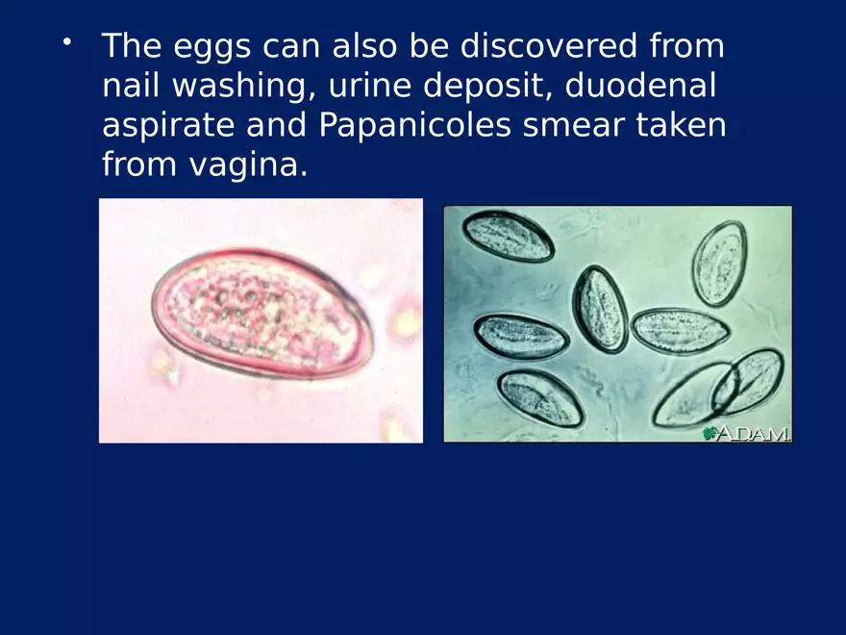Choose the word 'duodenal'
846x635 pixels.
click(x=640, y=86)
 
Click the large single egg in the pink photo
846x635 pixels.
click(x=260, y=314)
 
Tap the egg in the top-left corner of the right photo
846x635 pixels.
click(x=508, y=236)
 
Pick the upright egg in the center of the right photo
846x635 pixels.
click(x=600, y=308)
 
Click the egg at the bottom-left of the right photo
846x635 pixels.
click(x=540, y=398)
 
